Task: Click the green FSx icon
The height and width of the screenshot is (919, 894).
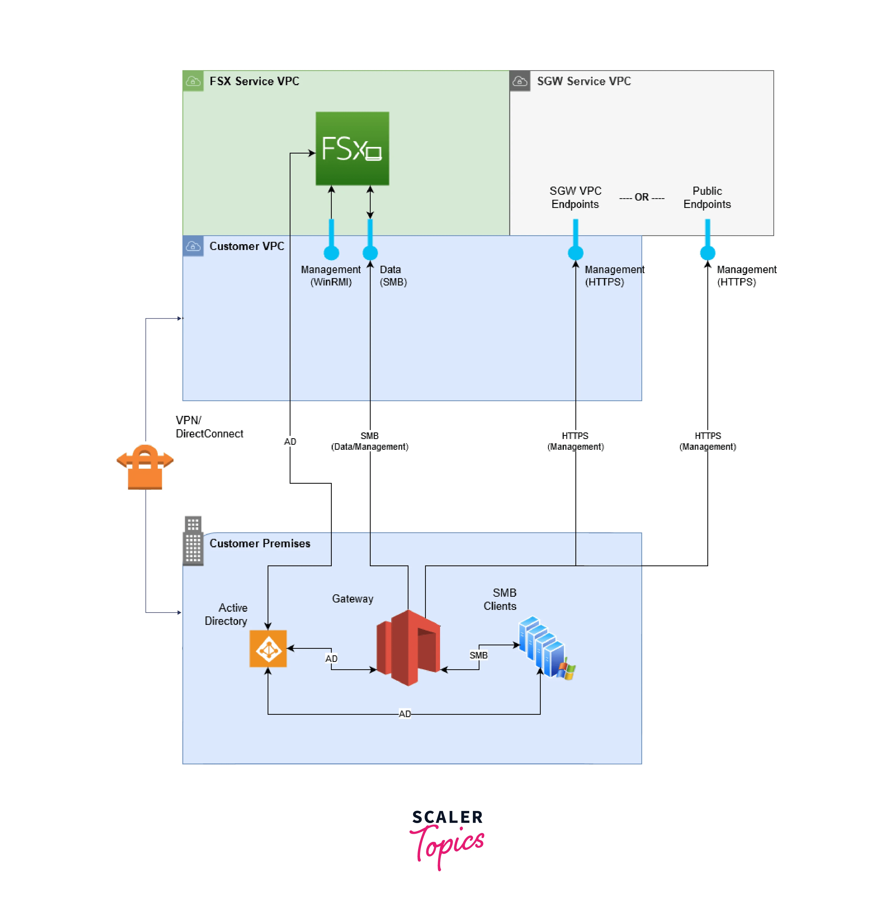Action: click(x=352, y=149)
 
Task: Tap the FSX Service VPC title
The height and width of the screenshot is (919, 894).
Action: click(x=254, y=81)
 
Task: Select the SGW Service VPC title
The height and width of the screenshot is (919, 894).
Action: click(x=584, y=81)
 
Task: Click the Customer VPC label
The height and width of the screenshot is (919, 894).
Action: click(x=247, y=246)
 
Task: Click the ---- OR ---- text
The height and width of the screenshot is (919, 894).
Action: click(x=641, y=197)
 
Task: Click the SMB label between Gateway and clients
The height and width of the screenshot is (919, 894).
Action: click(x=478, y=655)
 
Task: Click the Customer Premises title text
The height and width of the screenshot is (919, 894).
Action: click(x=260, y=543)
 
